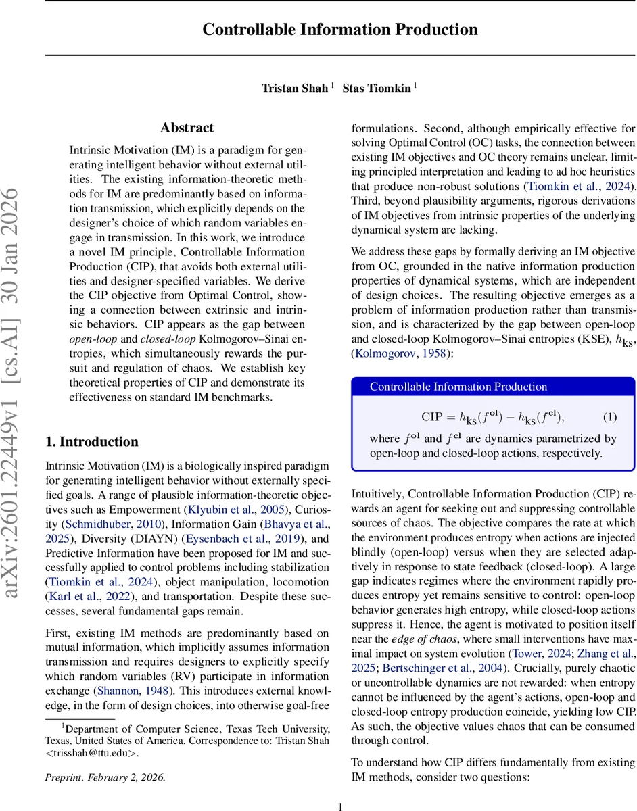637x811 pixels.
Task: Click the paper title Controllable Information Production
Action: click(340, 30)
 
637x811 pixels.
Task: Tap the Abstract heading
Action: click(187, 128)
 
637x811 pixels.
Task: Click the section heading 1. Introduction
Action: click(91, 441)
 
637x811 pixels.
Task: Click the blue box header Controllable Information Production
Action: click(458, 387)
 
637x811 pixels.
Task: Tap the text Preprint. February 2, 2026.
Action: click(105, 777)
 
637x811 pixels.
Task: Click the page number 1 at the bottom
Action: click(340, 806)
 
